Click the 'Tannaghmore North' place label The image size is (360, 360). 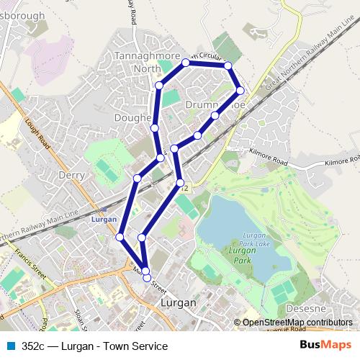coord(138,62)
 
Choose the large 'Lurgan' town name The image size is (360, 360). coord(179,303)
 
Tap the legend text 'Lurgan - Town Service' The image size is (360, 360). coord(114,346)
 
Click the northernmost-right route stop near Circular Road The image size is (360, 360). coord(228,66)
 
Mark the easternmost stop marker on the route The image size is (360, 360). coord(240,91)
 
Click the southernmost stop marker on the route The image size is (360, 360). coord(147,277)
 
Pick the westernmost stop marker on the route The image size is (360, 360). coord(120,237)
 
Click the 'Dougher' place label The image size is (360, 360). coord(132,117)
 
